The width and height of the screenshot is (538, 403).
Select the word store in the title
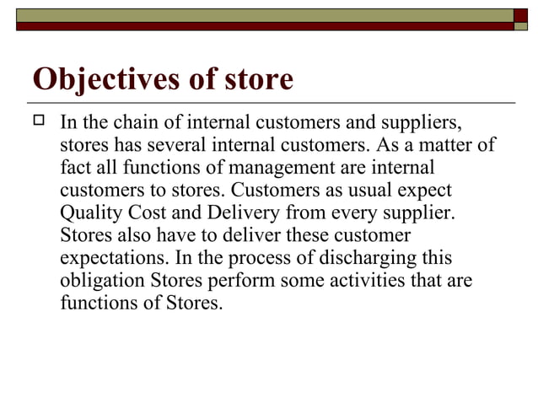point(255,79)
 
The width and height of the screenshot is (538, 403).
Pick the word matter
point(445,146)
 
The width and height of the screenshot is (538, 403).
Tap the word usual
point(354,190)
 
